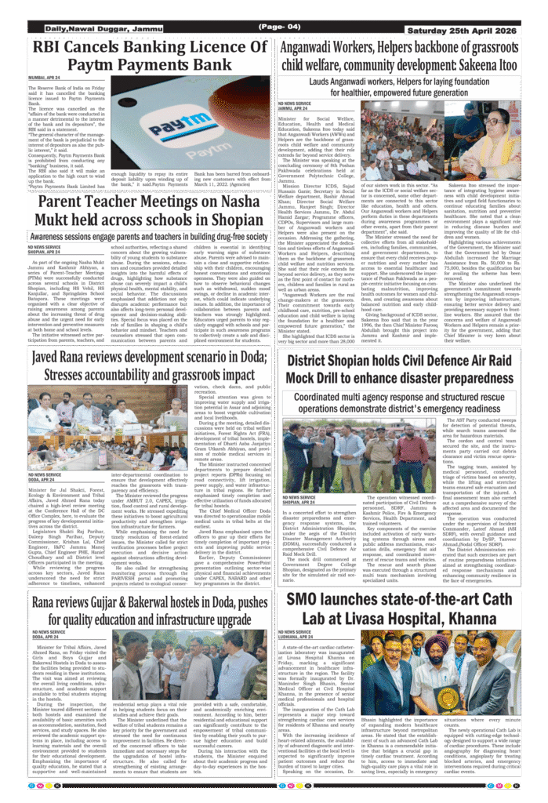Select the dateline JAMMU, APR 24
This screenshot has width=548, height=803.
[x=296, y=108]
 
